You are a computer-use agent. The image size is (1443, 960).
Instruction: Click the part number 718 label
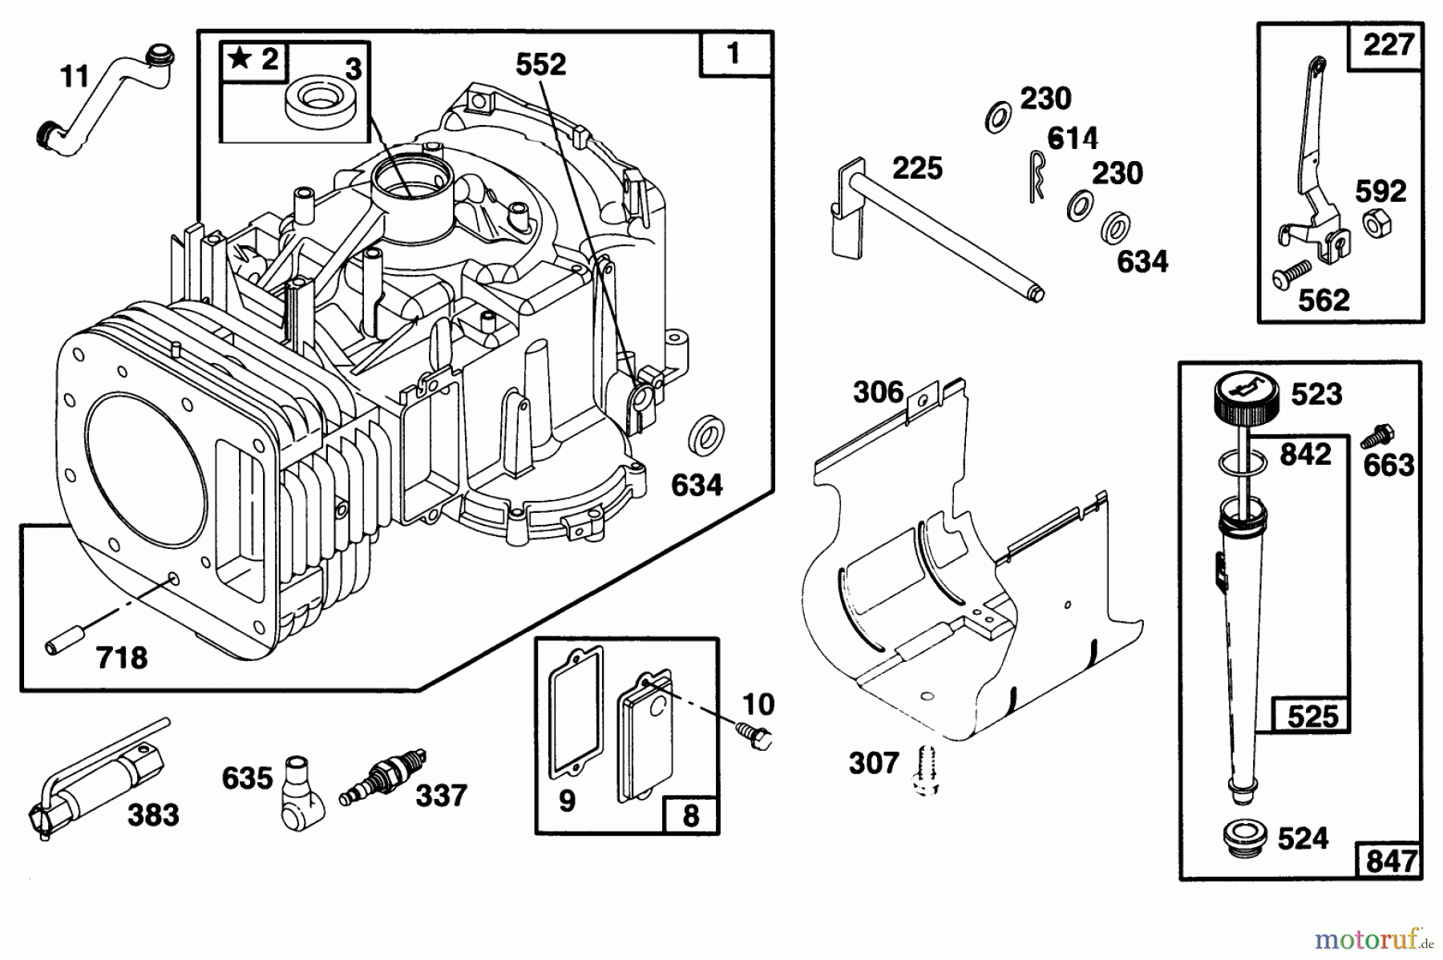[122, 658]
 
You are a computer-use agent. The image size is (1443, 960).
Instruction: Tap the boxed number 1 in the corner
[734, 54]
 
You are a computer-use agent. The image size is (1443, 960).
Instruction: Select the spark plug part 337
[382, 777]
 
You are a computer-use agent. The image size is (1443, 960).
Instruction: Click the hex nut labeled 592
[1376, 224]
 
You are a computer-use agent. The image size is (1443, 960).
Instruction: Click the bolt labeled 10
[755, 736]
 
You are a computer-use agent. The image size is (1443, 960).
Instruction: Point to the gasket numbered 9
[576, 714]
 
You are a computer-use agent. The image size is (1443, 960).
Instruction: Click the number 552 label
[540, 64]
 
